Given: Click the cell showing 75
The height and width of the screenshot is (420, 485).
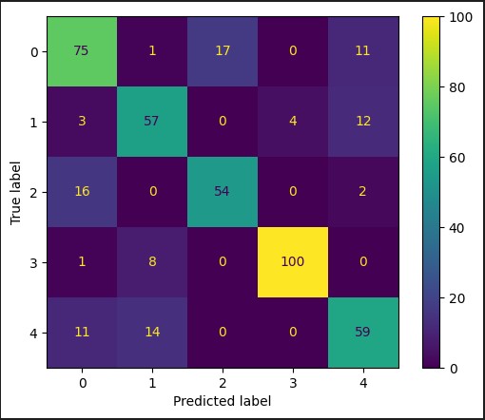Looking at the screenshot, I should (85, 52).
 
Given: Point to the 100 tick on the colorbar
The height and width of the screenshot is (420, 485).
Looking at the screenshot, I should (463, 18).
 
